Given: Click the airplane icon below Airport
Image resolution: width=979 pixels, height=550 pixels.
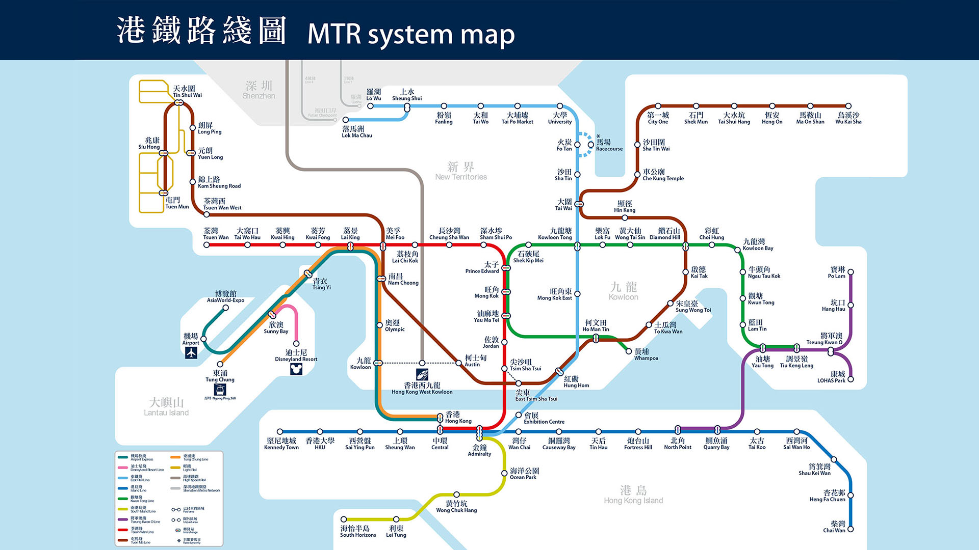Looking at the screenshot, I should (191, 353).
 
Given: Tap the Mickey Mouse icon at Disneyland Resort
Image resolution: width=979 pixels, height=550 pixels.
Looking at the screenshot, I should (296, 369).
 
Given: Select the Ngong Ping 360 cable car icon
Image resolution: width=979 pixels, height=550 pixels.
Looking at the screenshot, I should (220, 390).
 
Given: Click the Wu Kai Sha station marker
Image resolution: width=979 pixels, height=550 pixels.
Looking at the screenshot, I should (848, 106).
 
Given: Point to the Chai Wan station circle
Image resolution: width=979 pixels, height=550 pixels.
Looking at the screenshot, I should (850, 529).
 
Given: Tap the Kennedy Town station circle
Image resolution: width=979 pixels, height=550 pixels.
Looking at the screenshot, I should (280, 432).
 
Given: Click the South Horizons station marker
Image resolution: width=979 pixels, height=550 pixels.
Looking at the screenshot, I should (344, 519).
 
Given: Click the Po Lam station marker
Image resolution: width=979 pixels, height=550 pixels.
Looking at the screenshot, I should (851, 272).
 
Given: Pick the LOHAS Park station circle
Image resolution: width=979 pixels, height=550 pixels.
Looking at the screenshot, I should (851, 379).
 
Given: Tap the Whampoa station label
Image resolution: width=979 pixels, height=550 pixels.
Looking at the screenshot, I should (646, 354).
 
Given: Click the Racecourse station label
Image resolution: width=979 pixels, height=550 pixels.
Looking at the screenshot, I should (609, 145).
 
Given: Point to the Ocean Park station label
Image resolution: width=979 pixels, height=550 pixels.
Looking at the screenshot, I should (524, 474).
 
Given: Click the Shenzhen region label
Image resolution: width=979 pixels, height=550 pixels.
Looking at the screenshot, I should (259, 90).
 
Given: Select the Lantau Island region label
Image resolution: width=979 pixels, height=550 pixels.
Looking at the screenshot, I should (166, 407).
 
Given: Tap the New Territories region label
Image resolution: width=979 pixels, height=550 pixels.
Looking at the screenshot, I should (461, 171).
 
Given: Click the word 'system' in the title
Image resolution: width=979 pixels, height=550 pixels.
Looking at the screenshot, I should (410, 35).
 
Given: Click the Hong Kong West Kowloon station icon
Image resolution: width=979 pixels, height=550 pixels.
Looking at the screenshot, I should (422, 375).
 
